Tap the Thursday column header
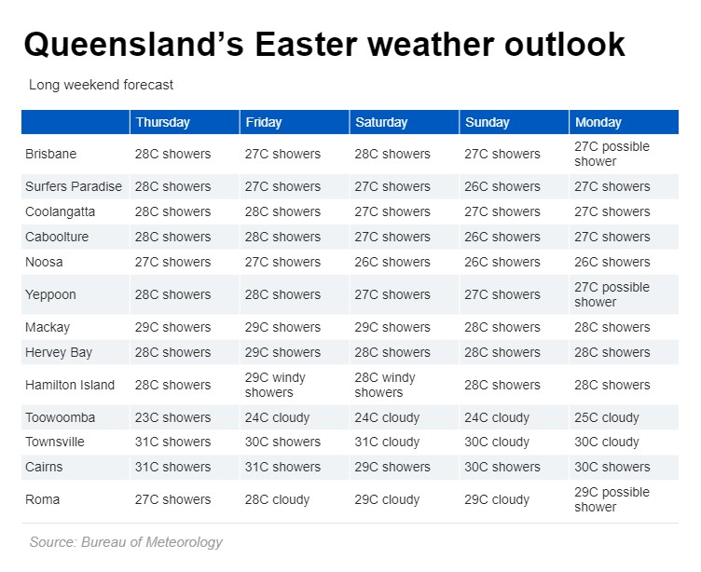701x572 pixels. (x=162, y=122)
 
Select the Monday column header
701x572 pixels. (x=598, y=122)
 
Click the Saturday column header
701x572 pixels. (x=381, y=122)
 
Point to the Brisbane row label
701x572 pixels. (x=51, y=154)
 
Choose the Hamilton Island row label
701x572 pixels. (x=70, y=385)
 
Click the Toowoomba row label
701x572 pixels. (x=61, y=417)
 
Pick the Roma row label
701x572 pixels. (x=43, y=499)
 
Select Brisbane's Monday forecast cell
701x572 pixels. (x=612, y=154)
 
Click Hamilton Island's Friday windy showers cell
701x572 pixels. (x=275, y=385)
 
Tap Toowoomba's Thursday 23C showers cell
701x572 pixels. (x=173, y=417)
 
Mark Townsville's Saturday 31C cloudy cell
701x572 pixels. (x=387, y=442)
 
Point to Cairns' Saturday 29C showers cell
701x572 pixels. (x=392, y=467)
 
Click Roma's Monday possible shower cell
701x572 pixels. (x=612, y=499)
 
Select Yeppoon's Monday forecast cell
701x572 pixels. (x=612, y=294)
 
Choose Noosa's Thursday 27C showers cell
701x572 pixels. (x=173, y=262)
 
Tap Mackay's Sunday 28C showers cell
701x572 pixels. (x=502, y=327)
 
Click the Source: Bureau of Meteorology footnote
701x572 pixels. (x=126, y=541)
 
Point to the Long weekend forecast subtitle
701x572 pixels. (x=102, y=85)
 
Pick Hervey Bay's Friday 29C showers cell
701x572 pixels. (x=282, y=352)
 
